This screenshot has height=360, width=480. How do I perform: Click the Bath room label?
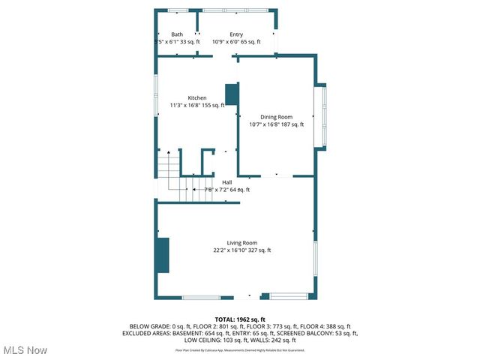point(177,34)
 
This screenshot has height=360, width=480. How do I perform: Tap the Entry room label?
point(236,34)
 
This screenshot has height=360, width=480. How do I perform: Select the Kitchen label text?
point(197,98)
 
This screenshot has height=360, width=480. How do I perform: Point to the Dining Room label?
point(276,117)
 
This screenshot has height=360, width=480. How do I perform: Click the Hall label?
point(226,182)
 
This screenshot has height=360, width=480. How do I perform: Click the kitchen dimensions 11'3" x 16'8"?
point(185,106)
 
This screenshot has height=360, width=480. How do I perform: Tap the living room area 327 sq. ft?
point(259,250)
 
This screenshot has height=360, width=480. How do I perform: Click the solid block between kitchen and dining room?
point(232,94)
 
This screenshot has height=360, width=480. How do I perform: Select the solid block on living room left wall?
point(162,256)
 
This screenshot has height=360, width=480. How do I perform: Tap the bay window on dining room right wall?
point(324,116)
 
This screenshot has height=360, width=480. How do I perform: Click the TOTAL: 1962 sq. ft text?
point(240,319)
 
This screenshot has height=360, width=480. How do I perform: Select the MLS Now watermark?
point(25,350)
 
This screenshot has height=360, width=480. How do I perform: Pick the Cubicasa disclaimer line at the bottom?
point(240,349)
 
